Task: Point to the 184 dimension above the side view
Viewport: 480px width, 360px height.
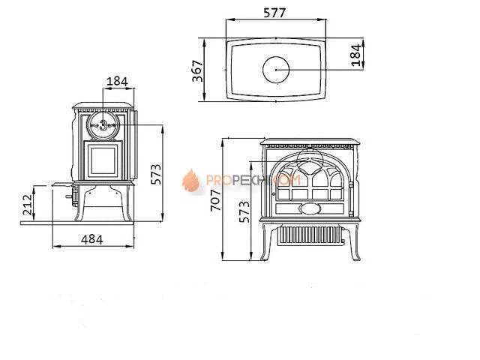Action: tap(117, 80)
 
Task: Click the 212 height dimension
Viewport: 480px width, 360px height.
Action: tap(27, 203)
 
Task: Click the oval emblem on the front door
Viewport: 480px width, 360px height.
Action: tap(307, 208)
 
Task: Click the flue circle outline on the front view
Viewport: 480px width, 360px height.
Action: tap(310, 159)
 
